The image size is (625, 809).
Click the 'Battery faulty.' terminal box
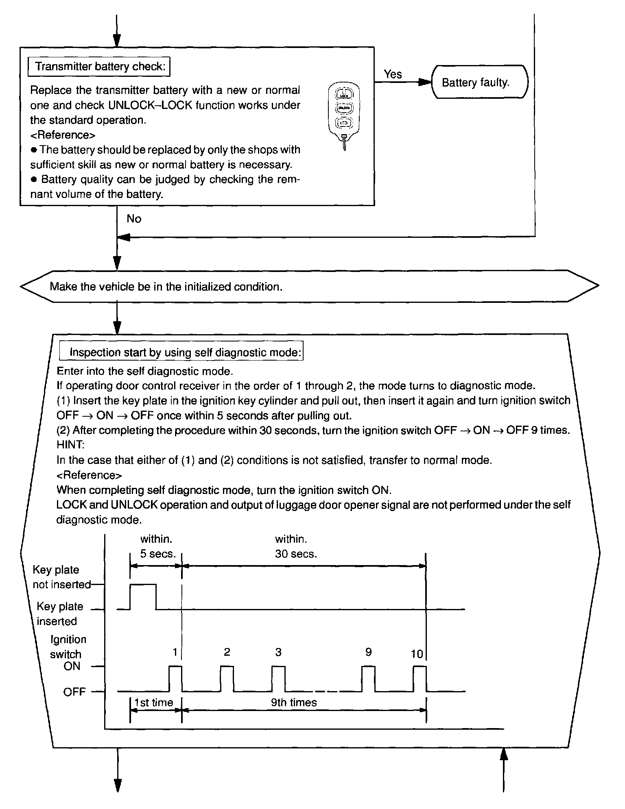[479, 83]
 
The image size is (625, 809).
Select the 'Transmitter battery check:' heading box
[99, 67]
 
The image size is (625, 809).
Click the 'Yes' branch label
[393, 74]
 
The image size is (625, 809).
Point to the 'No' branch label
[133, 219]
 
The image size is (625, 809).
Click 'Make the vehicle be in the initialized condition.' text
[166, 287]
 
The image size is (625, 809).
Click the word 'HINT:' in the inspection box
[70, 445]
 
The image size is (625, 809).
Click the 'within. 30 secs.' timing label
[295, 546]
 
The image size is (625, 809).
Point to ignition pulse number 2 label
[227, 652]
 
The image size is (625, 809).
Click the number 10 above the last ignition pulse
[417, 654]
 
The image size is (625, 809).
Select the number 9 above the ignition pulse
[368, 652]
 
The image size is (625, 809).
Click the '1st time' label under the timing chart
[154, 702]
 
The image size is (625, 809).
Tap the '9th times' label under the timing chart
[294, 702]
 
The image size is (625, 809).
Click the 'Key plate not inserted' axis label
[61, 577]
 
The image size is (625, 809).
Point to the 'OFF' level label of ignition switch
[74, 692]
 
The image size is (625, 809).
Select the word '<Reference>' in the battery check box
[63, 135]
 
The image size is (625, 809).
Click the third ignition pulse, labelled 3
[278, 678]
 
